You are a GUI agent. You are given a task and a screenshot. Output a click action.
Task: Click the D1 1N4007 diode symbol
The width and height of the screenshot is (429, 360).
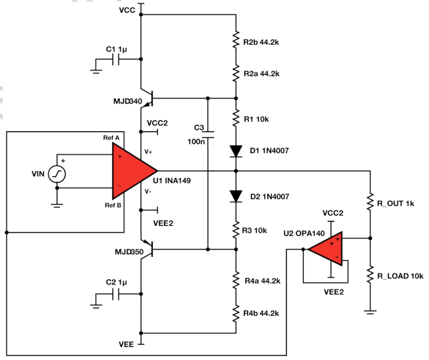tap(236, 151)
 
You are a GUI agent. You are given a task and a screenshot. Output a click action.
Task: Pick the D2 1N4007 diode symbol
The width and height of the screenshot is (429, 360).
tap(236, 196)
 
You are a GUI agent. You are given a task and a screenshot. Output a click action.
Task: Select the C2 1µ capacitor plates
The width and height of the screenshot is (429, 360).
tap(117, 294)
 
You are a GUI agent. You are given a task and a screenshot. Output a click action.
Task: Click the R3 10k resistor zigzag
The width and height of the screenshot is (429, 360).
tap(236, 230)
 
